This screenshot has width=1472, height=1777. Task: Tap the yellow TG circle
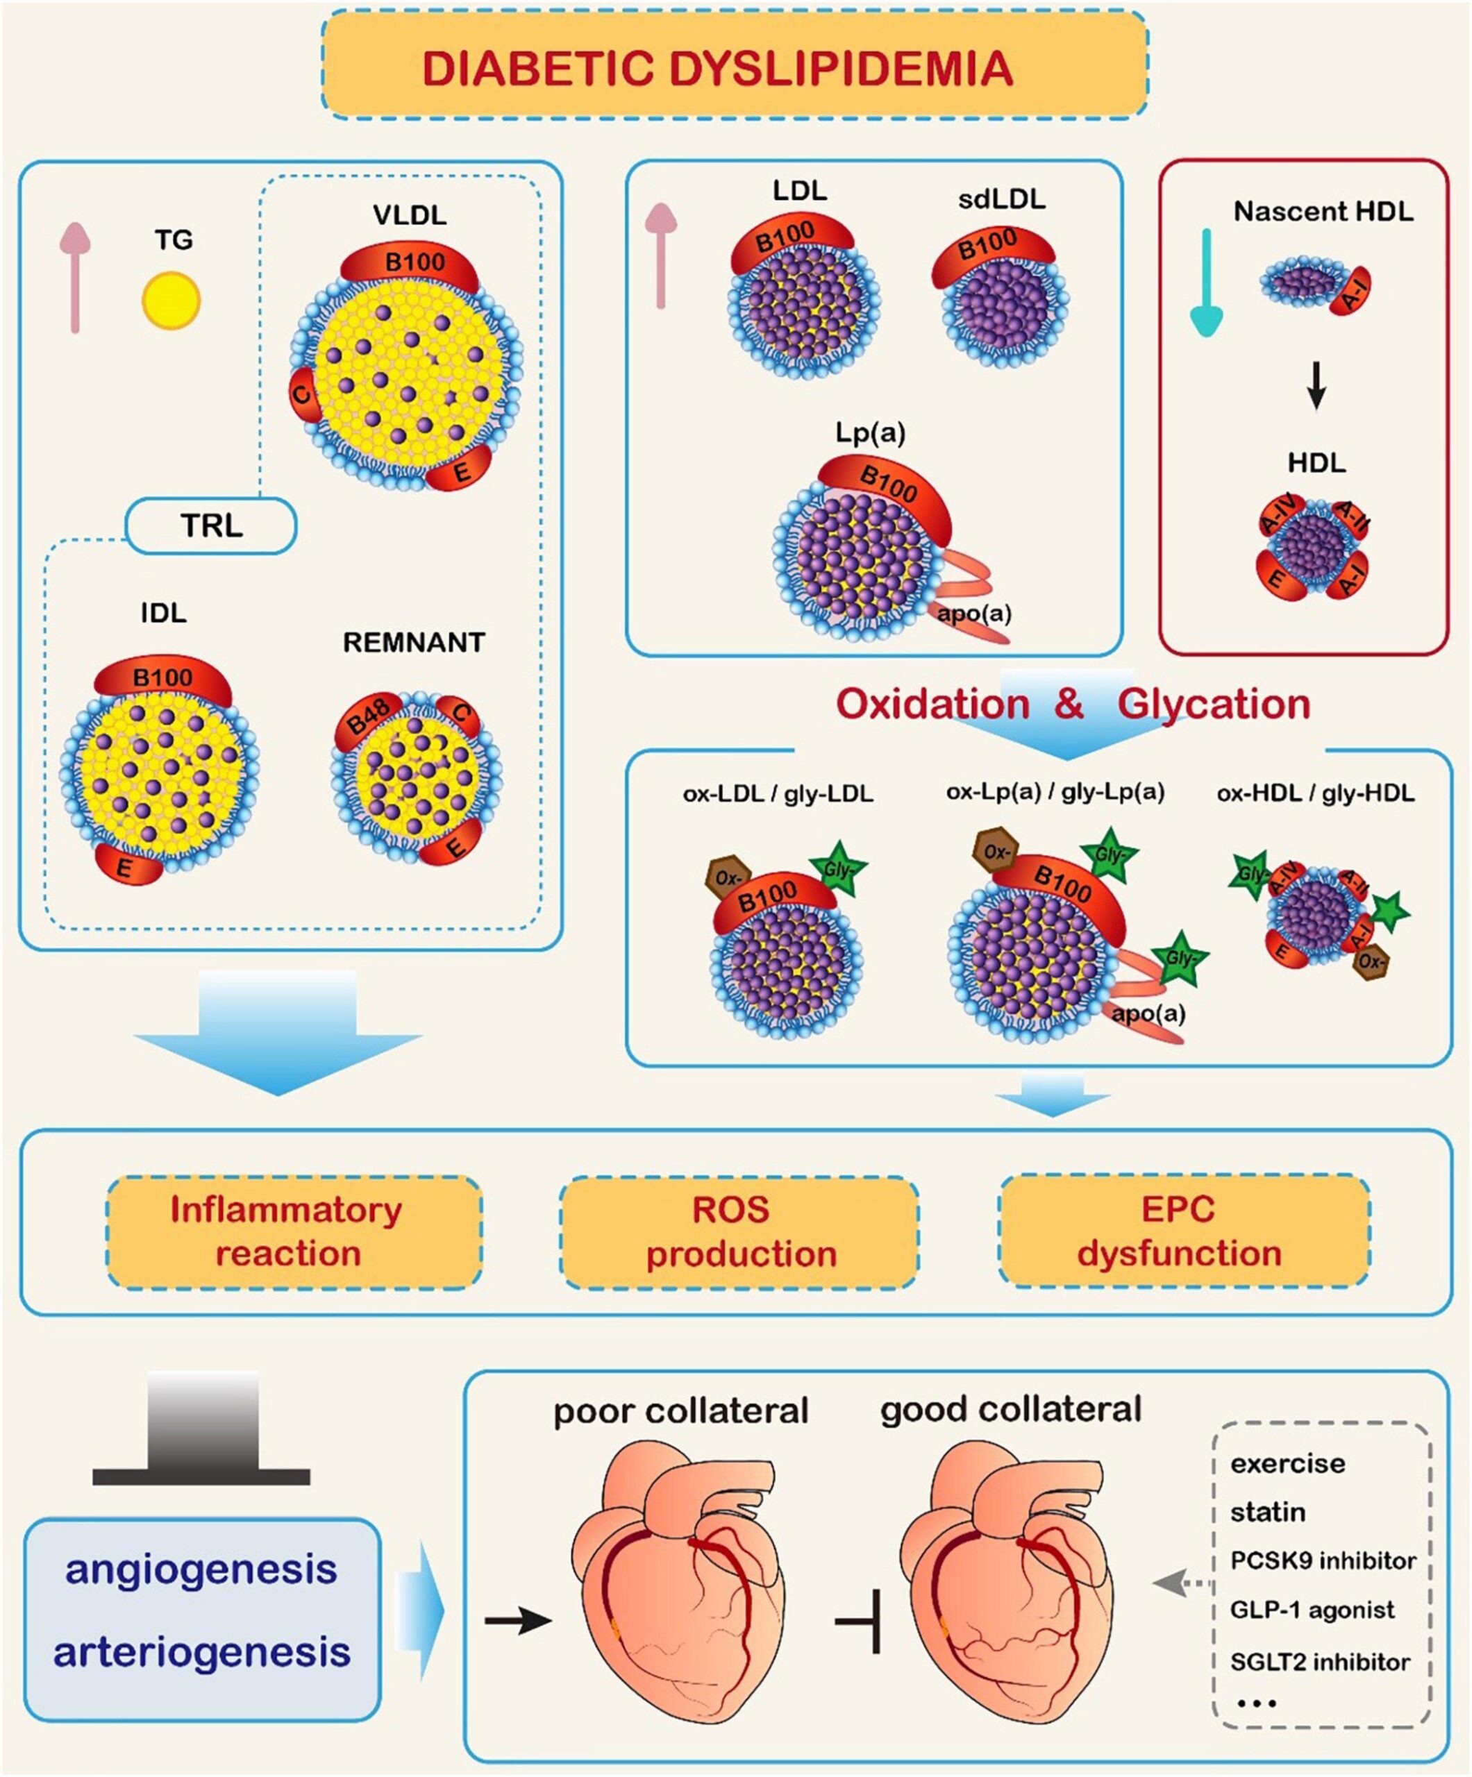(171, 301)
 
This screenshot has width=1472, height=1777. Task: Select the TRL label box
(211, 525)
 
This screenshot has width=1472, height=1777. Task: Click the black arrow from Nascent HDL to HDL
(1315, 387)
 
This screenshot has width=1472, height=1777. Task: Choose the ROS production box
(738, 1231)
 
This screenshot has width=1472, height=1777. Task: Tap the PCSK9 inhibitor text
(1322, 1560)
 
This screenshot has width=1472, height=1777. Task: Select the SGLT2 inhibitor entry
(1320, 1662)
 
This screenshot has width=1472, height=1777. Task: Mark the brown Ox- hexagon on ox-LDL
(726, 877)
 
